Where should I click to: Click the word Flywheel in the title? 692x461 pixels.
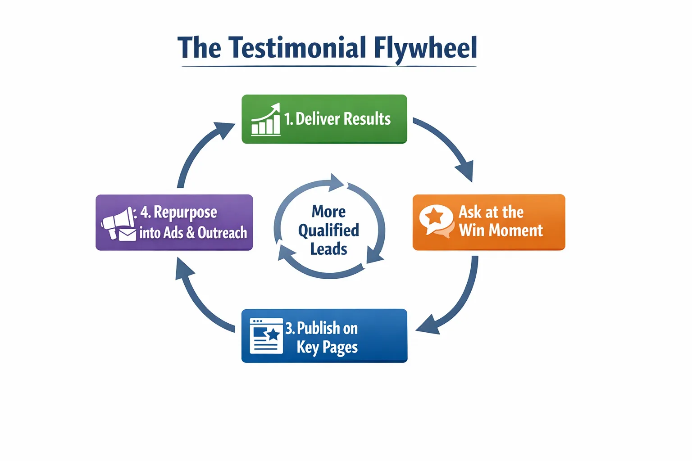425,48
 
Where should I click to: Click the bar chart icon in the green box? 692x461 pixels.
266,120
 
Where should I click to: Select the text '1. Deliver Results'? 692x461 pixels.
337,119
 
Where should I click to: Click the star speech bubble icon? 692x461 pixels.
436,220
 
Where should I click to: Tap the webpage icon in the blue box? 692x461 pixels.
266,336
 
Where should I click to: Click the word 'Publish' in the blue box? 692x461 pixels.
319,328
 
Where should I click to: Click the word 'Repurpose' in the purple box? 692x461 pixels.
185,212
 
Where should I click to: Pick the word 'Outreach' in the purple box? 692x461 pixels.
222,233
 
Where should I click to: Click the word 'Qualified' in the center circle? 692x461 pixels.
328,230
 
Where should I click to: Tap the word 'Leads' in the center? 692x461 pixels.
328,249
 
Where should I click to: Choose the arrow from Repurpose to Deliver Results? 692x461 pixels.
198,149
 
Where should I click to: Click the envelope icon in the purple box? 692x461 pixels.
127,235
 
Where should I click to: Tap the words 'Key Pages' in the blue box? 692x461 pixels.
327,347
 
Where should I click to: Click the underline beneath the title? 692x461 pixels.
329,67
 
